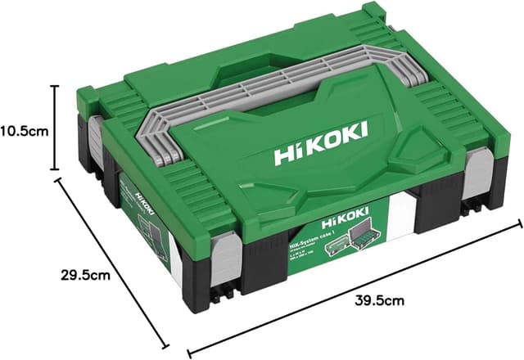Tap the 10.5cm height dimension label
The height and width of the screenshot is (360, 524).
(26, 129)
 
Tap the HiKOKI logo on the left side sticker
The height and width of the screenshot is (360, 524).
(146, 200)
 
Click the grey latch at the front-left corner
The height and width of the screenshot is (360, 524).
(226, 261)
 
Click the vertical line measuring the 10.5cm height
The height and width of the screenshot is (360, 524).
(56, 129)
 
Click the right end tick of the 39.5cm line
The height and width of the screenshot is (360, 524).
(518, 223)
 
